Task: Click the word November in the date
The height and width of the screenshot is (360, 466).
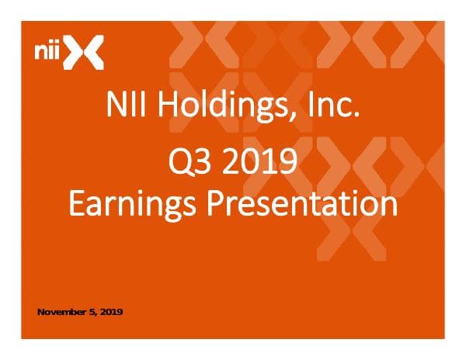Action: pos(62,312)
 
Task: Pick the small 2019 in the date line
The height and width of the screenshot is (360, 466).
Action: pos(110,312)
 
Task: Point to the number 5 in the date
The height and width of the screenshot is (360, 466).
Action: pos(92,312)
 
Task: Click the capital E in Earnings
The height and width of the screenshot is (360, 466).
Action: pos(75,203)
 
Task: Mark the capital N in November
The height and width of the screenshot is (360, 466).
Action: pos(41,312)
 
